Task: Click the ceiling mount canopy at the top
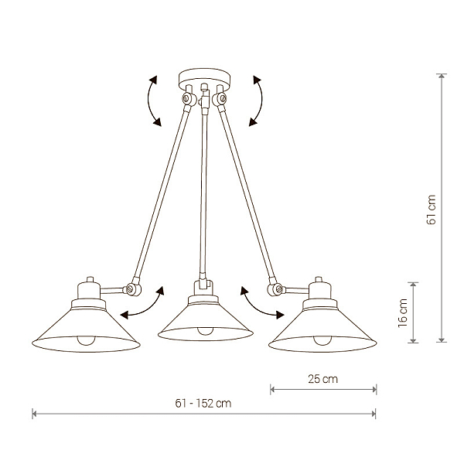[x=204, y=78]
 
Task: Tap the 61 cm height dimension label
[x=432, y=210]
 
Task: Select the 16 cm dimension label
[x=403, y=312]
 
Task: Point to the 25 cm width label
[x=322, y=379]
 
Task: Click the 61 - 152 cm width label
[x=203, y=404]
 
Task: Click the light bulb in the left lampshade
[x=87, y=340]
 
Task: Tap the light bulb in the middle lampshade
[x=205, y=331]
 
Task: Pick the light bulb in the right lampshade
[x=322, y=340]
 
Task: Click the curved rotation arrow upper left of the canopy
[x=148, y=101]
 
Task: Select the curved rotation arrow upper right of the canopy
[x=261, y=101]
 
